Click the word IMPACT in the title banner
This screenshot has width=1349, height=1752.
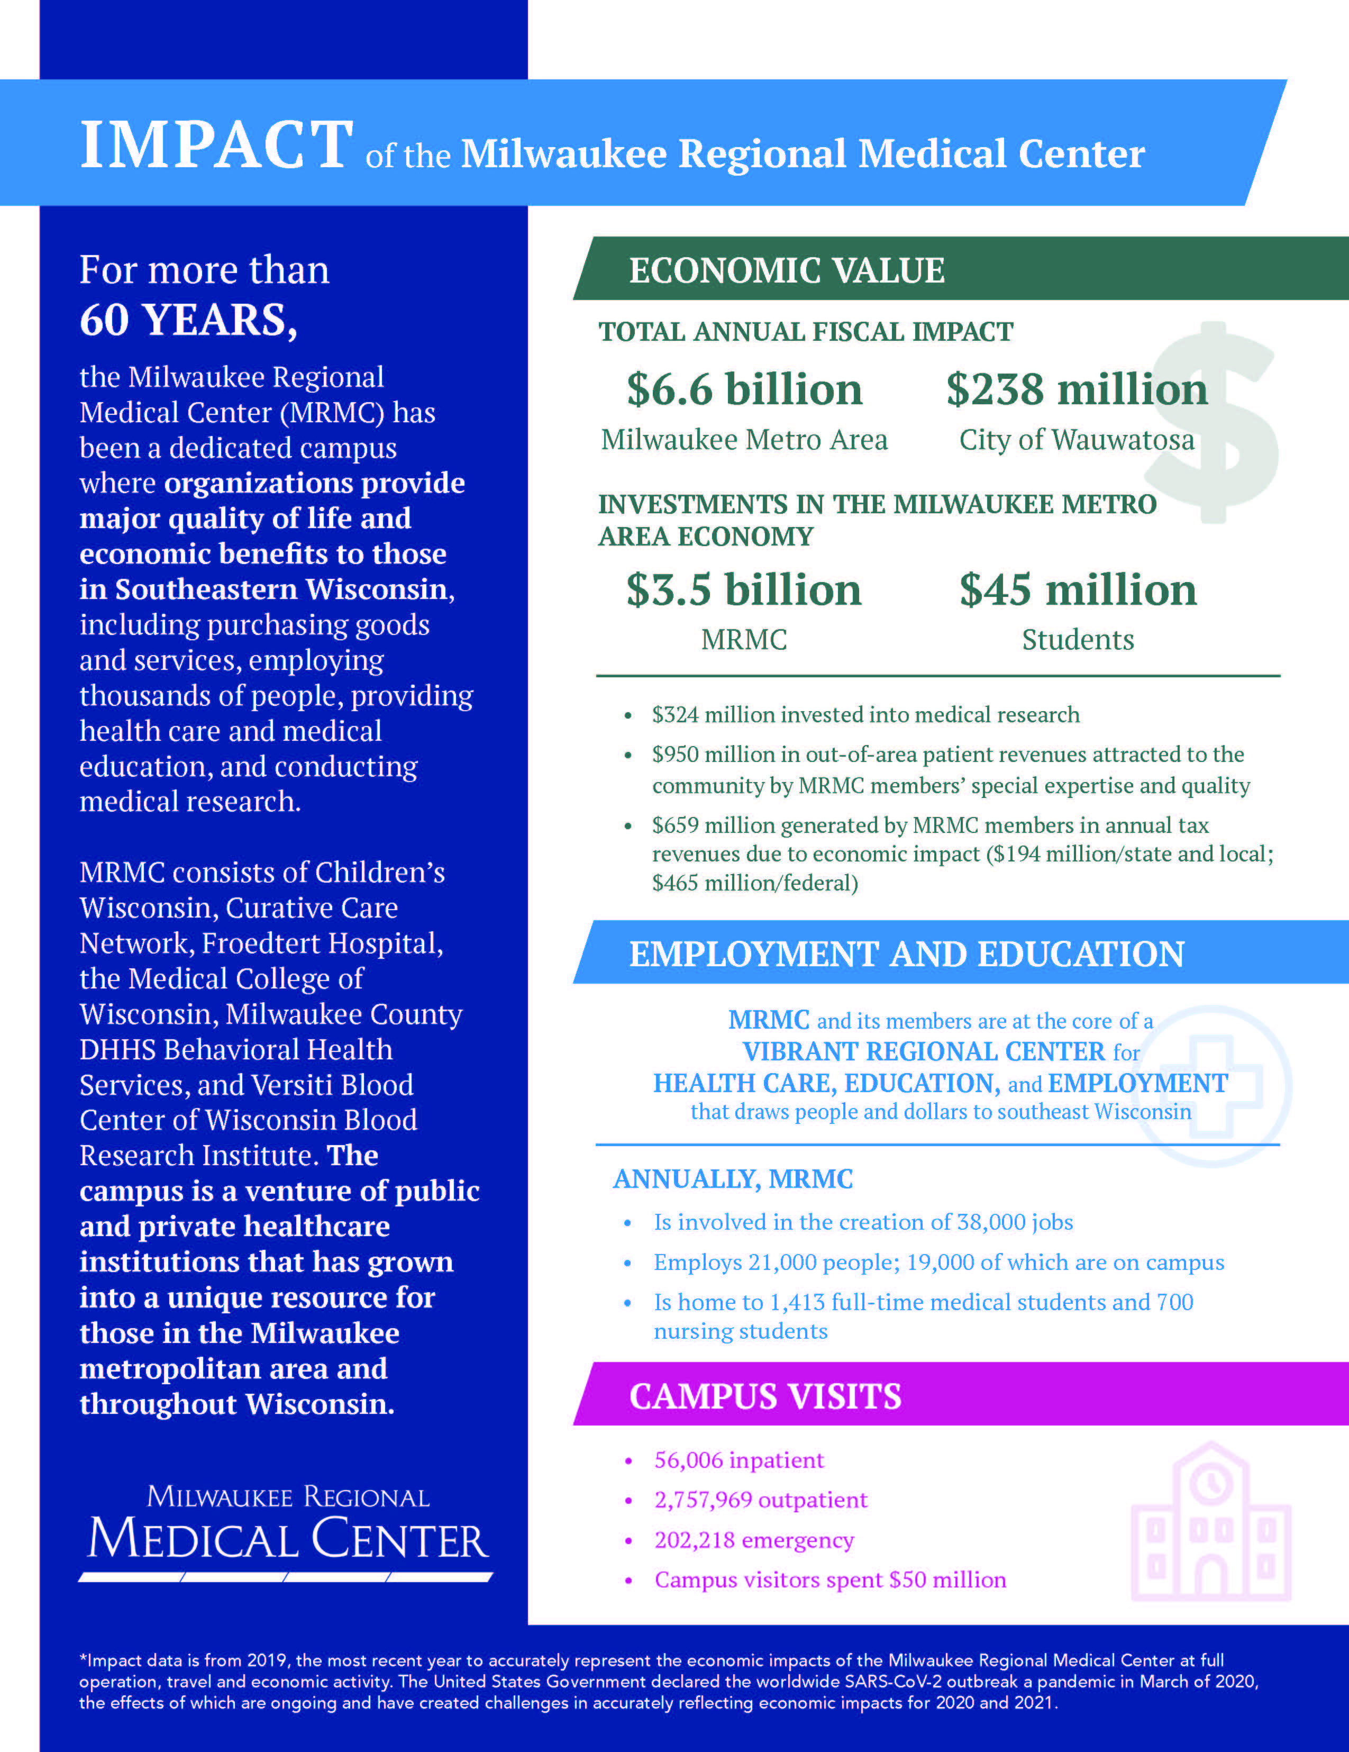[x=216, y=145]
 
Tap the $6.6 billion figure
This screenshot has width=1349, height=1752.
[x=744, y=390]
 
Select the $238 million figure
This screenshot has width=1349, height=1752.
[x=1077, y=390]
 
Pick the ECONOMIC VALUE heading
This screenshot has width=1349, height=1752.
[x=786, y=270]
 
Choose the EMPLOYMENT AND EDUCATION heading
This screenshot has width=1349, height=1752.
[x=906, y=954]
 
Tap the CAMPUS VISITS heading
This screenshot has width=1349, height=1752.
[x=765, y=1396]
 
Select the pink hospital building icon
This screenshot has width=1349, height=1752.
[x=1211, y=1522]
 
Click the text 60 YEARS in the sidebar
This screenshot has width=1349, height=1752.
[x=188, y=320]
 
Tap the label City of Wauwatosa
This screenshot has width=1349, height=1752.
[x=1077, y=440]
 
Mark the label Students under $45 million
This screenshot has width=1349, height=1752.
[x=1077, y=639]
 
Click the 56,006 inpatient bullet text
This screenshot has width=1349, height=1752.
[x=739, y=1460]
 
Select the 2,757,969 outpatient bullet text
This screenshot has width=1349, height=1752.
[x=760, y=1500]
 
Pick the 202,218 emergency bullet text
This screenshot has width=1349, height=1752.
[x=754, y=1540]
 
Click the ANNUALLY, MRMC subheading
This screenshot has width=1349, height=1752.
[x=732, y=1178]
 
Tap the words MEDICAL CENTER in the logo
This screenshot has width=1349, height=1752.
[x=288, y=1539]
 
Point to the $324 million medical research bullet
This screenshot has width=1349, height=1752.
[x=865, y=715]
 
